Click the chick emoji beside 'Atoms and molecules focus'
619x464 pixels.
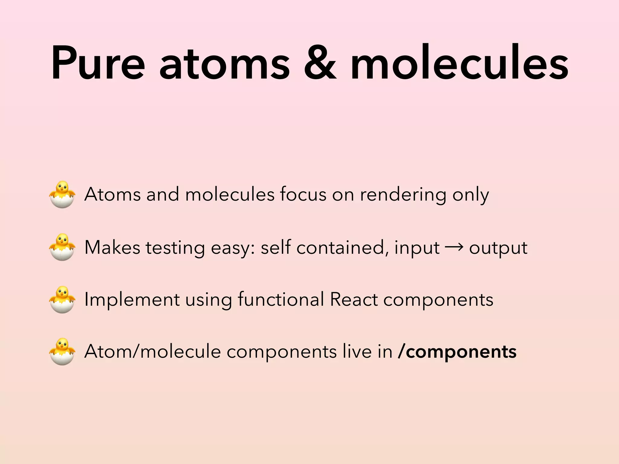[62, 195]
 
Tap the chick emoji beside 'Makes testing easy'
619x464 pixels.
[62, 247]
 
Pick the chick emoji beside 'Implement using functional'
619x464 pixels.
[62, 299]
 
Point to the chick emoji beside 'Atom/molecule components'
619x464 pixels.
[62, 352]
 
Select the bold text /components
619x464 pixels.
[457, 352]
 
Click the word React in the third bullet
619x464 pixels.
[354, 299]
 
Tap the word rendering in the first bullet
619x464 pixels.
[403, 195]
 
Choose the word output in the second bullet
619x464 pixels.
[498, 248]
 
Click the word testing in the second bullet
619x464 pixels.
[175, 248]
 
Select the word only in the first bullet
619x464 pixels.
[471, 195]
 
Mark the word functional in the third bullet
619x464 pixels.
[281, 299]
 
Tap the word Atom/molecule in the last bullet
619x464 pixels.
[153, 352]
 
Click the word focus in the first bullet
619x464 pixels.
[303, 195]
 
